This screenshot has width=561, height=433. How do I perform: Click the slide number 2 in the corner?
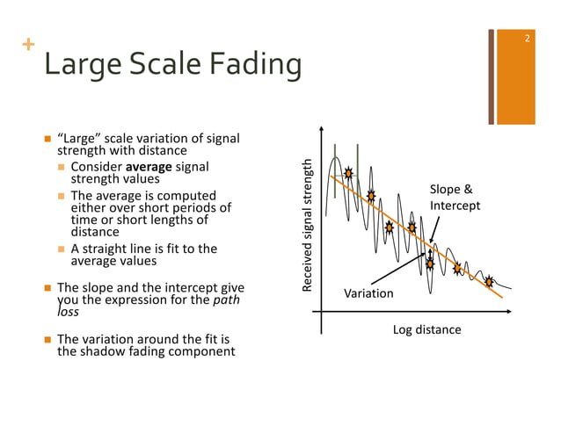point(526,39)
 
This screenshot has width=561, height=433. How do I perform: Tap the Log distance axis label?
point(426,329)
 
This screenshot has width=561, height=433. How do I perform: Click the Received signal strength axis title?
point(307,225)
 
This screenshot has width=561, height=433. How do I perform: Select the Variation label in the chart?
point(368,292)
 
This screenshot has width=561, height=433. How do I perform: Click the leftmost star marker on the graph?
point(348,173)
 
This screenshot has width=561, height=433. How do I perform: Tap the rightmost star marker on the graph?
point(489,281)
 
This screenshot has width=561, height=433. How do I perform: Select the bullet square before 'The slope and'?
point(48,287)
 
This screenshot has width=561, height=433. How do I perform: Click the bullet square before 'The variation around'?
point(48,339)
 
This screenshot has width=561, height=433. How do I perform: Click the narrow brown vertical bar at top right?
point(491,76)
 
